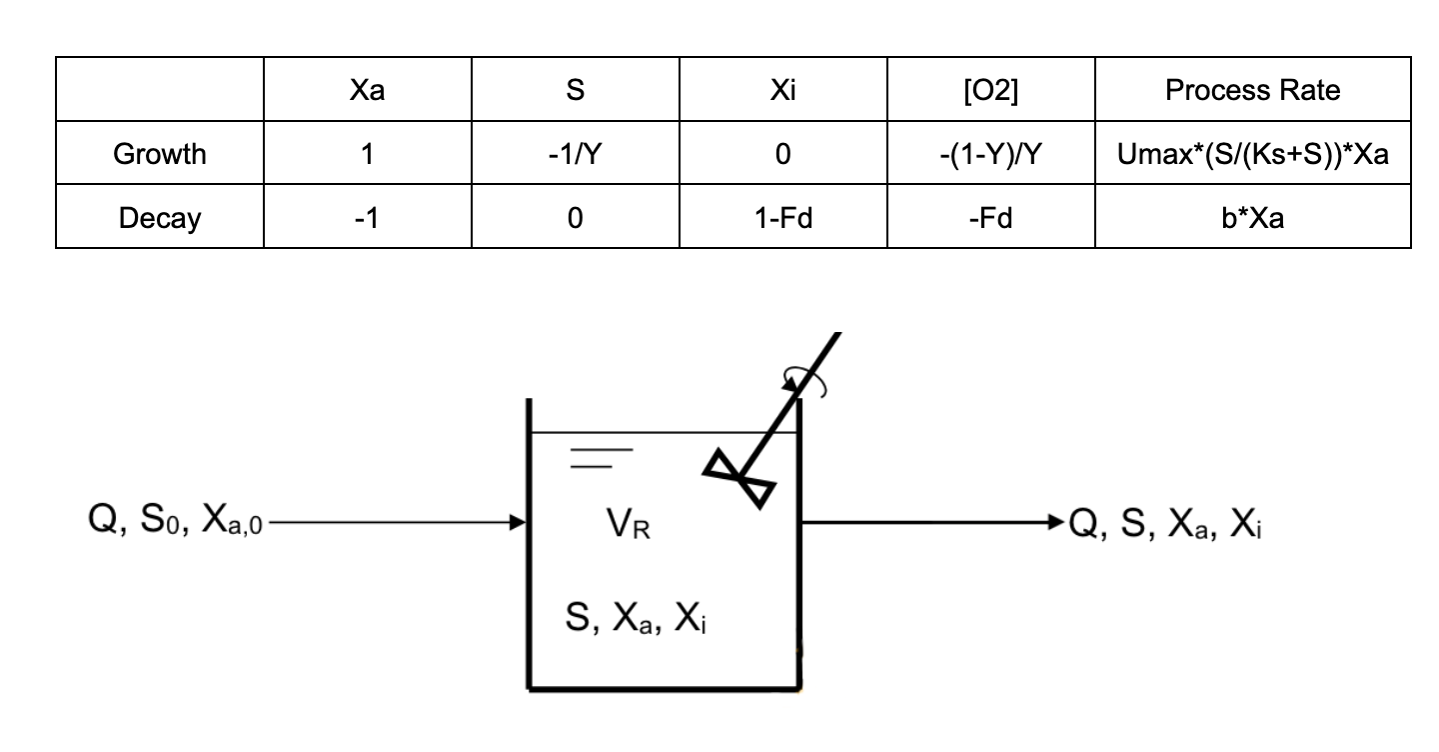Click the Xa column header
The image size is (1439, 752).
click(x=368, y=90)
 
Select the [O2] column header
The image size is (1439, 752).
click(x=990, y=90)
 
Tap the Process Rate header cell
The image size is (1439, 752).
click(x=1252, y=90)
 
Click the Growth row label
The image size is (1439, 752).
click(x=160, y=154)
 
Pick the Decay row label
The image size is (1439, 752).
click(x=160, y=217)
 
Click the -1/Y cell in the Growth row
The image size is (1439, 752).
click(x=575, y=154)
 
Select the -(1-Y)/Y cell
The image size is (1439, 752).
click(x=990, y=154)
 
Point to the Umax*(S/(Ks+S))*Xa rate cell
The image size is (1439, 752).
click(x=1252, y=154)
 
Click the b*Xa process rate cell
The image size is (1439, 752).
click(x=1252, y=217)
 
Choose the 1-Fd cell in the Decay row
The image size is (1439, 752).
click(x=783, y=217)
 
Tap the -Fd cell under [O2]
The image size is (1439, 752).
click(x=990, y=217)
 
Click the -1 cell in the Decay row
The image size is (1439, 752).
click(x=368, y=217)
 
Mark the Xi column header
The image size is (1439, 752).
click(x=783, y=90)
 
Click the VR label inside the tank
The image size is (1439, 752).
click(x=628, y=523)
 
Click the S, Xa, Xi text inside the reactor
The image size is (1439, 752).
click(x=638, y=621)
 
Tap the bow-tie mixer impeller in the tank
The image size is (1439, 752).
click(x=741, y=477)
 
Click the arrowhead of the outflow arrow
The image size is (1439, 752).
click(x=1055, y=521)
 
